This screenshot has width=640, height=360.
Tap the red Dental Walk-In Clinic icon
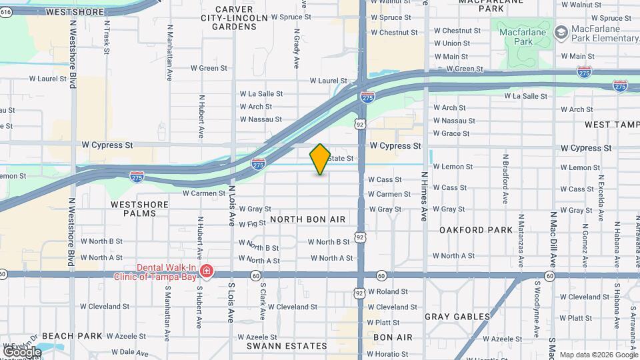pyautogui.click(x=207, y=271)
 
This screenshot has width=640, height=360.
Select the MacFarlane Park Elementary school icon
pyautogui.click(x=561, y=32)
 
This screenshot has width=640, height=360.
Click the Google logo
pyautogui.click(x=22, y=351)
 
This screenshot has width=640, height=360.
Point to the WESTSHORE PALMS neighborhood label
pyautogui.click(x=134, y=209)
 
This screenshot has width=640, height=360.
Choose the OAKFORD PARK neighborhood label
pyautogui.click(x=476, y=230)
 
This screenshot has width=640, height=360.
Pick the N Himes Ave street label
pyautogui.click(x=424, y=197)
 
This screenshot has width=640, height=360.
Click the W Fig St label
pyautogui.click(x=253, y=223)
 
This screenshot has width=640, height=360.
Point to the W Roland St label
pyautogui.click(x=387, y=292)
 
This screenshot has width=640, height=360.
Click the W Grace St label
pyautogui.click(x=451, y=133)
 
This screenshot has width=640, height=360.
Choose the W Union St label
pyautogui.click(x=451, y=43)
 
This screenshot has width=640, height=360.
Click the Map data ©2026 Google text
pyautogui.click(x=597, y=355)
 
